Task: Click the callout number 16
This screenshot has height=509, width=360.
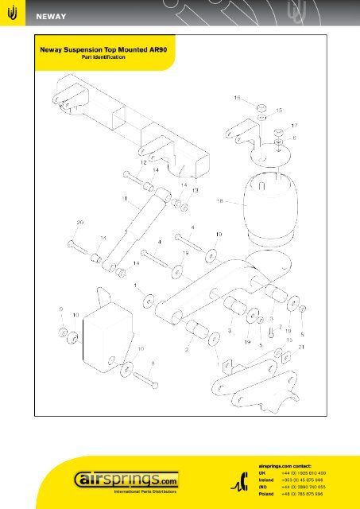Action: tap(237, 98)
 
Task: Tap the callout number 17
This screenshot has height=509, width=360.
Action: tap(294, 126)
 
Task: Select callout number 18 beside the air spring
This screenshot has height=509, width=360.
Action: tap(220, 200)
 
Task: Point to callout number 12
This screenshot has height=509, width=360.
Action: tap(143, 162)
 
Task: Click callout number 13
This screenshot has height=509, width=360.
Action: tap(194, 191)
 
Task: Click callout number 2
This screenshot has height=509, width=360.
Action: tap(188, 348)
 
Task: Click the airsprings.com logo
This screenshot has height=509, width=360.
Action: tap(128, 480)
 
